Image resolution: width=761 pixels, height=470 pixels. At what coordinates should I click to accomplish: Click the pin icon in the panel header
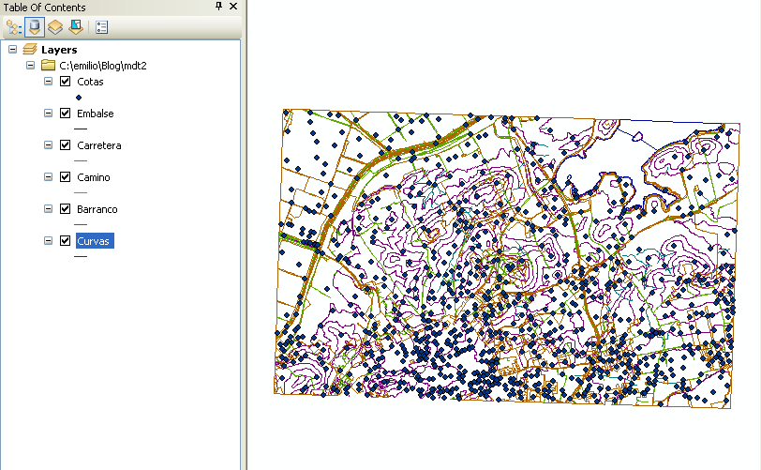pyautogui.click(x=219, y=7)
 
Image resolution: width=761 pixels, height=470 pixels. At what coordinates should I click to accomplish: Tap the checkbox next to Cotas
pyautogui.click(x=66, y=82)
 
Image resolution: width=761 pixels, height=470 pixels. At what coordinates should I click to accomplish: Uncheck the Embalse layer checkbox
pyautogui.click(x=66, y=114)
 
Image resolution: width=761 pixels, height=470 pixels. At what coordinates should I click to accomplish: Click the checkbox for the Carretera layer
pyautogui.click(x=66, y=145)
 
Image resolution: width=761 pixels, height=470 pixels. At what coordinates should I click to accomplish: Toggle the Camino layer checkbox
pyautogui.click(x=66, y=177)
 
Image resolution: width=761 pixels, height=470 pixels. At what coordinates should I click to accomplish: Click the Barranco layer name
pyautogui.click(x=97, y=209)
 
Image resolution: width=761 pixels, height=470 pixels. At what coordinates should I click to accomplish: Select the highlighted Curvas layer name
pyautogui.click(x=95, y=241)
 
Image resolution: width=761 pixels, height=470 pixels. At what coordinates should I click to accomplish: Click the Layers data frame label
pyautogui.click(x=59, y=49)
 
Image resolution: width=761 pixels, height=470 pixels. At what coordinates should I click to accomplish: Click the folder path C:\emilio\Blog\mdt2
pyautogui.click(x=103, y=66)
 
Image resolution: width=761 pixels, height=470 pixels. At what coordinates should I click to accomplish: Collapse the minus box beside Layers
pyautogui.click(x=11, y=49)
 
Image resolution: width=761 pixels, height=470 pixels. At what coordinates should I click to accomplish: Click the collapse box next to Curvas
pyautogui.click(x=49, y=241)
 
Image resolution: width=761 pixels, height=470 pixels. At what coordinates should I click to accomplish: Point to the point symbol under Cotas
pyautogui.click(x=79, y=97)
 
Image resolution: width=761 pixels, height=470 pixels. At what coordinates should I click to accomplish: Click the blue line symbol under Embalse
pyautogui.click(x=80, y=129)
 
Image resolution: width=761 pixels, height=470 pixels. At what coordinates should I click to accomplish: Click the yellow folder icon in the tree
pyautogui.click(x=48, y=66)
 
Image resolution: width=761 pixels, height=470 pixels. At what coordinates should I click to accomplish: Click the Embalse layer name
pyautogui.click(x=96, y=114)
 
